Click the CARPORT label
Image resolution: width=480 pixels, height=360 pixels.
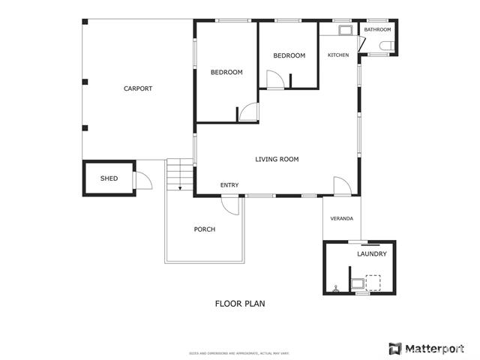pyautogui.click(x=138, y=88)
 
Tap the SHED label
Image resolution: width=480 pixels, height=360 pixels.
pyautogui.click(x=109, y=178)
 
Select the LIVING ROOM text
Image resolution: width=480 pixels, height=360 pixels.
pyautogui.click(x=277, y=159)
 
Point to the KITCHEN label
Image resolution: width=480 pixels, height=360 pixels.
pyautogui.click(x=338, y=55)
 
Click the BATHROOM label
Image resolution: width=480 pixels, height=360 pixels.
pyautogui.click(x=378, y=30)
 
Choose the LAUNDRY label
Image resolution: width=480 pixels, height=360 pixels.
pyautogui.click(x=372, y=254)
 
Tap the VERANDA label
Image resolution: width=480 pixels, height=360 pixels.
pyautogui.click(x=342, y=219)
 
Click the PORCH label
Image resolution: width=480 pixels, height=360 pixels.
pyautogui.click(x=204, y=229)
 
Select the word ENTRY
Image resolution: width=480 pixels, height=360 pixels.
pyautogui.click(x=229, y=185)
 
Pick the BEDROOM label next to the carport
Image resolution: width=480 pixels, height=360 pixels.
pyautogui.click(x=226, y=72)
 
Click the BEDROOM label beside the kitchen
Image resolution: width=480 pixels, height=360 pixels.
pyautogui.click(x=289, y=55)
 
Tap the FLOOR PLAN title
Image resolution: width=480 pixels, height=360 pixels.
pyautogui.click(x=240, y=304)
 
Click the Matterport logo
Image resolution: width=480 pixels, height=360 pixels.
pyautogui.click(x=426, y=349)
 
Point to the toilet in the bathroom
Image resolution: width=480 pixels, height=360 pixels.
pyautogui.click(x=385, y=46)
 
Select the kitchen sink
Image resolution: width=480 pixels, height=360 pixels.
pyautogui.click(x=345, y=31)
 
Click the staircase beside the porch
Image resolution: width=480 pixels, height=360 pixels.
pyautogui.click(x=180, y=177)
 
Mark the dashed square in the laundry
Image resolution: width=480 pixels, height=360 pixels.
pyautogui.click(x=373, y=282)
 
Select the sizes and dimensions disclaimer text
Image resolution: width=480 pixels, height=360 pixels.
pyautogui.click(x=239, y=352)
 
